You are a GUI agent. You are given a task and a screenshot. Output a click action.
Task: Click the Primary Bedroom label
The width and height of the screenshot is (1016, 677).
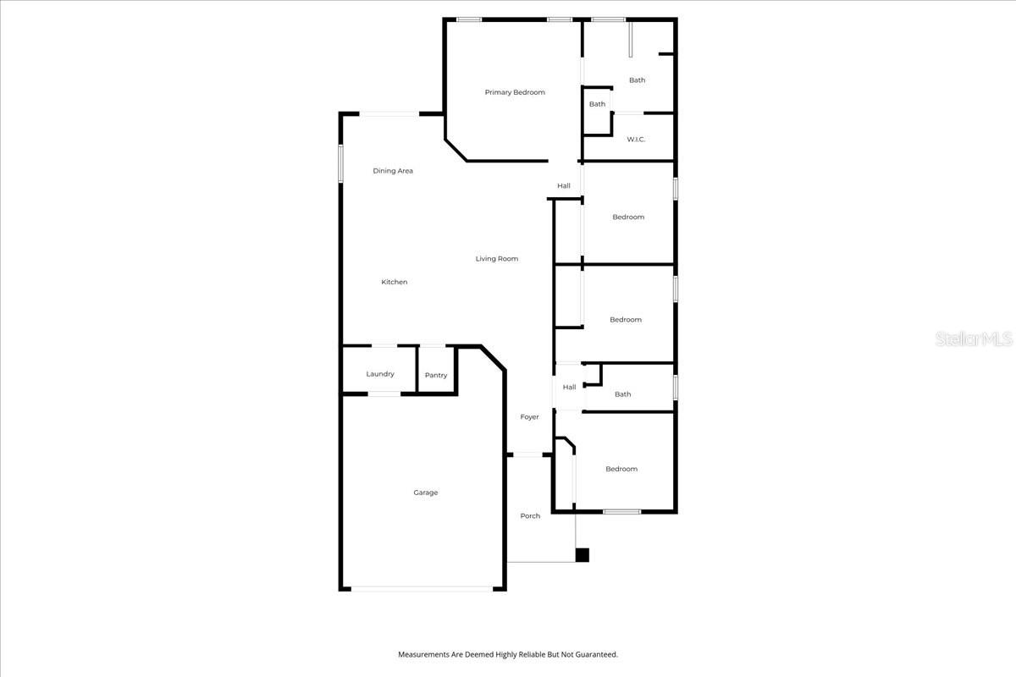coord(515,92)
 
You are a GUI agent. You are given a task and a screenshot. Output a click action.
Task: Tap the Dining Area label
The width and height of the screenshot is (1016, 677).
coord(393,171)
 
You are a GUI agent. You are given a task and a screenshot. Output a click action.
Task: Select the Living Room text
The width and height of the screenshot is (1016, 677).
coord(496,259)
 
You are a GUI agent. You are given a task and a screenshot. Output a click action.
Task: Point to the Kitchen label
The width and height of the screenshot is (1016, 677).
coord(394,282)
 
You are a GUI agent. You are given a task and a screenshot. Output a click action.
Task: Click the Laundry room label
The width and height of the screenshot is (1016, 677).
coord(380,374)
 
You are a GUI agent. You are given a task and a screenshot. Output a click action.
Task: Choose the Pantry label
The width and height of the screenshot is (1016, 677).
coord(436,376)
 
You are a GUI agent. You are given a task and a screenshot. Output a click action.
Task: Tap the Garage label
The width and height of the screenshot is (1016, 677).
coord(425,493)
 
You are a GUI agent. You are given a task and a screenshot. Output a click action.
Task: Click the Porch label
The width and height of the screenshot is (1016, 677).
coord(530,516)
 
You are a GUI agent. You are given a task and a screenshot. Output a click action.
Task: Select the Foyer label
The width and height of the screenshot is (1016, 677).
coord(529,417)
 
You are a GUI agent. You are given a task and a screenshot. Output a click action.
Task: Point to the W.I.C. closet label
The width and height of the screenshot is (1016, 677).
coord(636,139)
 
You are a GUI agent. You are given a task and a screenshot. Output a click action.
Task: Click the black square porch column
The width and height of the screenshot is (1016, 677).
coord(582,555)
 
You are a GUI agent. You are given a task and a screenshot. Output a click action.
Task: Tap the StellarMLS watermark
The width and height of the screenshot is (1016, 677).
coord(974,339)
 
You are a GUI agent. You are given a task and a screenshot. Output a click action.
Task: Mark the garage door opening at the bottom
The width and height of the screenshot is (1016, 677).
coord(424,589)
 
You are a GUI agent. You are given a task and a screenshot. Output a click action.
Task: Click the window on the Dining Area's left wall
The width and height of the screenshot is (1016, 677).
coord(341,162)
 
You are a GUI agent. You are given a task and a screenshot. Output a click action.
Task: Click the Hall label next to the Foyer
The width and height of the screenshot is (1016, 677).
coord(569,388)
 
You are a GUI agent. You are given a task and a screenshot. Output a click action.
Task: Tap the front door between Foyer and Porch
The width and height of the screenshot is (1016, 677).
coord(529,455)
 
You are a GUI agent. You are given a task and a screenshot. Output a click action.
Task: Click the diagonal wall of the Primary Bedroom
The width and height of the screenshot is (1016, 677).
coord(456,150)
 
